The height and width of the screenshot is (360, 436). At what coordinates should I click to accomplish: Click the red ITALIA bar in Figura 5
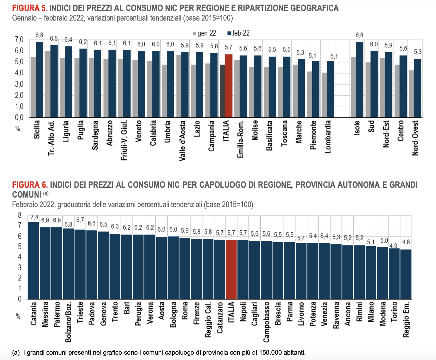click(x=228, y=86)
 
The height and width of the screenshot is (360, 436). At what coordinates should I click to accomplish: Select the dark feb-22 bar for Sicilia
click(x=39, y=80)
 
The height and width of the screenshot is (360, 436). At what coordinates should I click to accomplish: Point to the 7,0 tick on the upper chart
click(x=19, y=40)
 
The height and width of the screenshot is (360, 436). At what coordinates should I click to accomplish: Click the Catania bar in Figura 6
click(x=33, y=260)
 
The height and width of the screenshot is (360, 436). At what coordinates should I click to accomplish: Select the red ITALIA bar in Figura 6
click(x=231, y=269)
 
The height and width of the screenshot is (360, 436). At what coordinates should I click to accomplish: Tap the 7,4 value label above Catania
click(x=34, y=217)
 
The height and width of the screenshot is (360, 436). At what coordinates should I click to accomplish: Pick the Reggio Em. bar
click(x=406, y=274)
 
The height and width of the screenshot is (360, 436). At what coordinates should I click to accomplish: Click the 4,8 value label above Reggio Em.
click(x=406, y=242)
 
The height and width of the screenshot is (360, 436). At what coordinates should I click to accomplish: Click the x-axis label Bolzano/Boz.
click(x=68, y=322)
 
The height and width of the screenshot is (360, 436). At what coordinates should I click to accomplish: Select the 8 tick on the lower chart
click(x=20, y=215)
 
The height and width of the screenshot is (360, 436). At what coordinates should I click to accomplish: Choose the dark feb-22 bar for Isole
click(x=359, y=80)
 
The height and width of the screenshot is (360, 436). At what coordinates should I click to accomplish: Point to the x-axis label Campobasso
click(x=266, y=322)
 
